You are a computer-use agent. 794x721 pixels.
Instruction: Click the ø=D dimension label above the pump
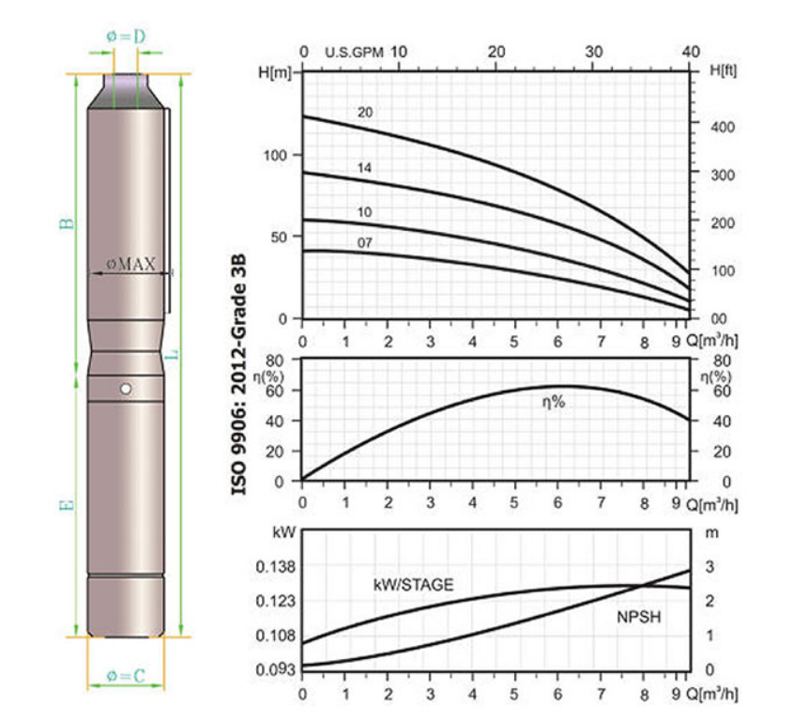pos(126,37)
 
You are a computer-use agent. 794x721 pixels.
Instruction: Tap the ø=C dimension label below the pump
pos(126,675)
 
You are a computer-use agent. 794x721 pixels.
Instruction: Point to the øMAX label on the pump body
pos(130,264)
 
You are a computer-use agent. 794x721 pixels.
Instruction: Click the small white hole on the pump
pos(126,389)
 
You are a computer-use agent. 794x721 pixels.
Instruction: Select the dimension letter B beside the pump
pos(67,223)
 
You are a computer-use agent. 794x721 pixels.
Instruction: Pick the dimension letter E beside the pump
pos(67,505)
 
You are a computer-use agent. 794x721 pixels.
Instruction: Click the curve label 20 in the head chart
pos(364,113)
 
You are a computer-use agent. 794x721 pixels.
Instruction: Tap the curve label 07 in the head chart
pos(364,243)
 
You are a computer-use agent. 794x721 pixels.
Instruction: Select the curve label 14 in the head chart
pos(364,168)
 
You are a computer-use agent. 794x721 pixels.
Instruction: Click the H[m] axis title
pos(275,72)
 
